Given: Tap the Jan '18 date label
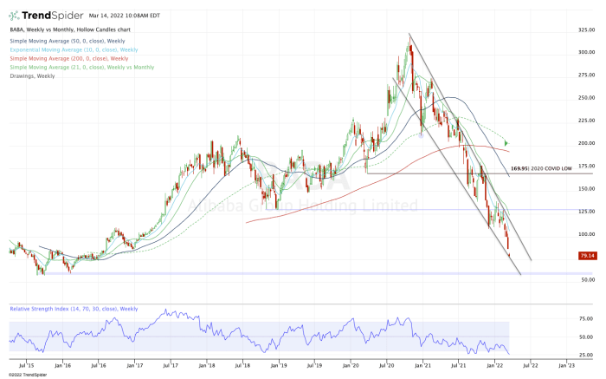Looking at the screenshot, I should click(x=207, y=366).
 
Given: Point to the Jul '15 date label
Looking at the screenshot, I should click(x=25, y=366).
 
